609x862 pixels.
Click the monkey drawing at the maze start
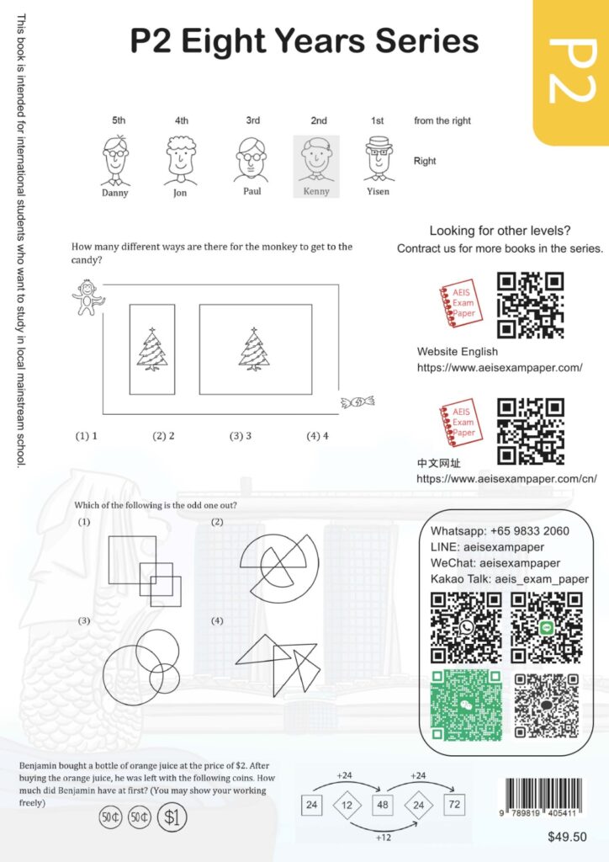pos(87,297)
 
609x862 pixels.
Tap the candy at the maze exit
pos(357,402)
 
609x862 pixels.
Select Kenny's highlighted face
pos(316,159)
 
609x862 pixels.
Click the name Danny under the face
pos(114,193)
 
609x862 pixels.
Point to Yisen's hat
pos(378,142)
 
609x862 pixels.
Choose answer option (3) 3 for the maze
pos(241,436)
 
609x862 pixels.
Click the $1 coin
pos(172,817)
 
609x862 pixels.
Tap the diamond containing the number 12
pos(347,806)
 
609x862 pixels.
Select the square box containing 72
pos(454,804)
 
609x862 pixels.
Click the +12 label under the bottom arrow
pos(384,838)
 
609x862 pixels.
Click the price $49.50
pos(567,837)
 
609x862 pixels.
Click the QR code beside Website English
pos(531,305)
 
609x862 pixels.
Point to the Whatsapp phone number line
pos(500,531)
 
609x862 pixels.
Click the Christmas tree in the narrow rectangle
pos(152,349)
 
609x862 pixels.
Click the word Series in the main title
pos(426,41)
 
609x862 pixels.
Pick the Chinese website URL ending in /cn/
pos(507,479)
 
